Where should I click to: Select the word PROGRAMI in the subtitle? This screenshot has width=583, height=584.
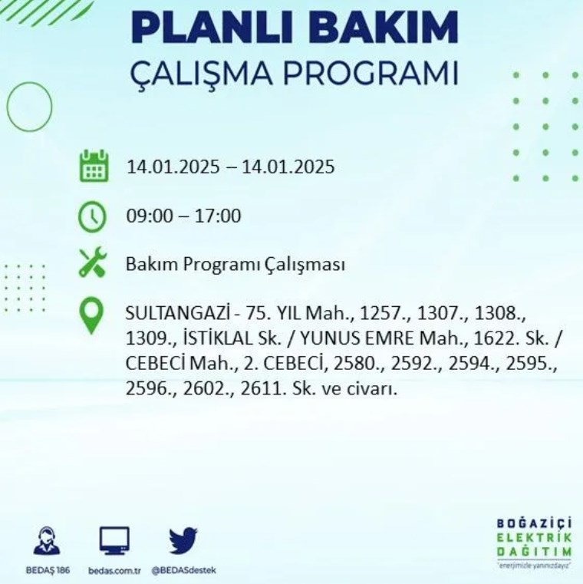pyautogui.click(x=371, y=73)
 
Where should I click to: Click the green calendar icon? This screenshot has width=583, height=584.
pyautogui.click(x=94, y=166)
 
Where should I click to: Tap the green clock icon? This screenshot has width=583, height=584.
pyautogui.click(x=92, y=216)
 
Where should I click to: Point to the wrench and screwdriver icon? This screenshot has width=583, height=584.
pyautogui.click(x=93, y=262)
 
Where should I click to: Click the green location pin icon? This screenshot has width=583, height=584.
pyautogui.click(x=91, y=316)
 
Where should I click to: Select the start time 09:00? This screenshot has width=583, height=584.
pyautogui.click(x=150, y=216)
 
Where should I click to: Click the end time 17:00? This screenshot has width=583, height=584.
pyautogui.click(x=218, y=216)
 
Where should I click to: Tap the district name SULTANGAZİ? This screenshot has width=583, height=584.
pyautogui.click(x=177, y=313)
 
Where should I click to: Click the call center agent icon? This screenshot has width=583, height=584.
pyautogui.click(x=47, y=541)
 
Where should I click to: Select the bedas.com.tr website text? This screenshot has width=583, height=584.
pyautogui.click(x=114, y=571)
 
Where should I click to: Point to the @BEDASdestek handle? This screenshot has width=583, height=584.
pyautogui.click(x=184, y=571)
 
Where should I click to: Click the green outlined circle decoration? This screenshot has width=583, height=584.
pyautogui.click(x=7, y=107)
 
